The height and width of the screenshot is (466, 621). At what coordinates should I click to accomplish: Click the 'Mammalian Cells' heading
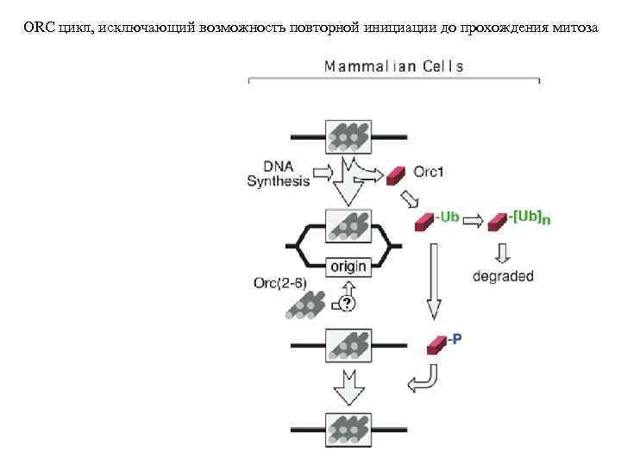click(393, 66)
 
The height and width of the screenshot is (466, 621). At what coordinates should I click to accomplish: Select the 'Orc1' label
click(430, 173)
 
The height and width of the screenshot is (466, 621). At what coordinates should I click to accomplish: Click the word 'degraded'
click(504, 277)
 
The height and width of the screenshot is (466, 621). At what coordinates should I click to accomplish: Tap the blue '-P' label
click(454, 339)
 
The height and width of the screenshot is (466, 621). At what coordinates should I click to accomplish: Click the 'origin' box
click(348, 267)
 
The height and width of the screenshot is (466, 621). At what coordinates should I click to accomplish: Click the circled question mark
click(347, 304)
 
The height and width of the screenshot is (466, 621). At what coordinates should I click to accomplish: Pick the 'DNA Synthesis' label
click(278, 173)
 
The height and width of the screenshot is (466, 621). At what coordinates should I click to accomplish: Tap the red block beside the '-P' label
click(435, 344)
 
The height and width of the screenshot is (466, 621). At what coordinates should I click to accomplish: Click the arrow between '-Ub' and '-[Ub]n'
click(474, 221)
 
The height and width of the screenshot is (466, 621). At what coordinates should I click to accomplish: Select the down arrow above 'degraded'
click(504, 252)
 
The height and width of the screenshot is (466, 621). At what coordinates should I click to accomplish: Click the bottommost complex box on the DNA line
click(348, 429)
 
